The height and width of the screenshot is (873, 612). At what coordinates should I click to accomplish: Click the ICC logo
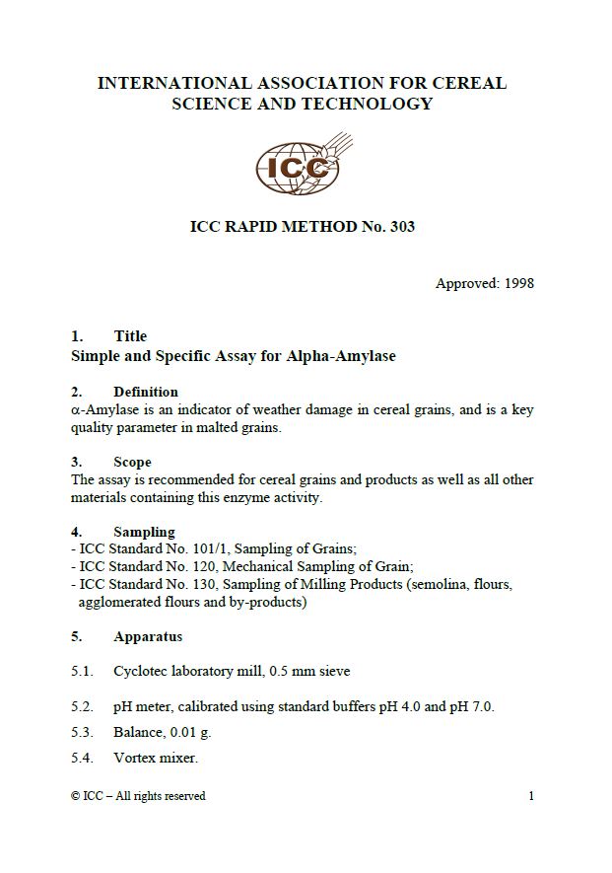297,167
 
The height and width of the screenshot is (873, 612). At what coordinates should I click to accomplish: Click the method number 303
402,227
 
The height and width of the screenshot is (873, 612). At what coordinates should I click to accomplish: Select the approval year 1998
518,283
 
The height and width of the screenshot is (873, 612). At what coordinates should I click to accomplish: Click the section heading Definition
146,392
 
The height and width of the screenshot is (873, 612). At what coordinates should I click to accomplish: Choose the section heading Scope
132,462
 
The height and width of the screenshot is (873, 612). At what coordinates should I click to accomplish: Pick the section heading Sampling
144,532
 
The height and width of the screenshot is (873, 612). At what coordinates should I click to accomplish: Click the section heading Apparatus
148,636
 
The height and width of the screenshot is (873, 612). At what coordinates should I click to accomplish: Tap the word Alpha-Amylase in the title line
341,356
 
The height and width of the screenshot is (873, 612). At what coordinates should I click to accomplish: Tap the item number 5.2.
82,706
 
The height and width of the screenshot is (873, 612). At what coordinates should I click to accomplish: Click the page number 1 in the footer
531,796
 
